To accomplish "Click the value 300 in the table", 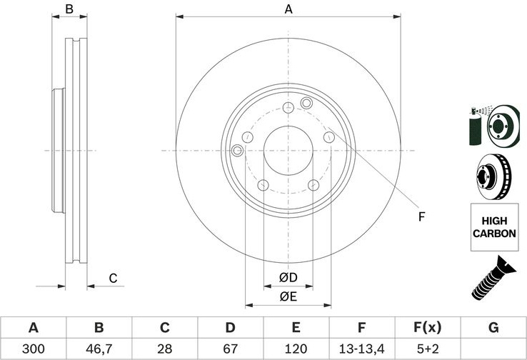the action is pyautogui.click(x=33, y=349).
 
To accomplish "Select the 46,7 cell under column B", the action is pyautogui.click(x=99, y=349).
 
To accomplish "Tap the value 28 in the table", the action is pyautogui.click(x=165, y=349).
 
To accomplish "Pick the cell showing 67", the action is pyautogui.click(x=230, y=349).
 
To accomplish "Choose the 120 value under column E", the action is pyautogui.click(x=296, y=349).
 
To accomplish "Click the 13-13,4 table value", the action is pyautogui.click(x=361, y=349).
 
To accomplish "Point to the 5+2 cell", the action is pyautogui.click(x=428, y=349).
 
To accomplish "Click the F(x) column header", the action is pyautogui.click(x=428, y=327).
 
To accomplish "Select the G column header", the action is pyautogui.click(x=493, y=327).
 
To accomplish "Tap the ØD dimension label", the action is pyautogui.click(x=288, y=277).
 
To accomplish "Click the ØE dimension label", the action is pyautogui.click(x=288, y=296).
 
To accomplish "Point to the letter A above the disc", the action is pyautogui.click(x=288, y=9).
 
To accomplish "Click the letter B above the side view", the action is pyautogui.click(x=69, y=9).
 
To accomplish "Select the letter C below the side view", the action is pyautogui.click(x=114, y=279).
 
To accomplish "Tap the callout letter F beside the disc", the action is pyautogui.click(x=421, y=217).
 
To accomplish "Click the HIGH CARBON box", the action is pyautogui.click(x=494, y=227).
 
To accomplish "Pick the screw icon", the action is pyautogui.click(x=493, y=278).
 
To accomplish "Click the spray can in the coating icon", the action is pyautogui.click(x=476, y=126).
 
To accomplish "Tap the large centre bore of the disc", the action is pyautogui.click(x=288, y=151).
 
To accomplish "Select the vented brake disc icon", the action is pyautogui.click(x=493, y=177).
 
